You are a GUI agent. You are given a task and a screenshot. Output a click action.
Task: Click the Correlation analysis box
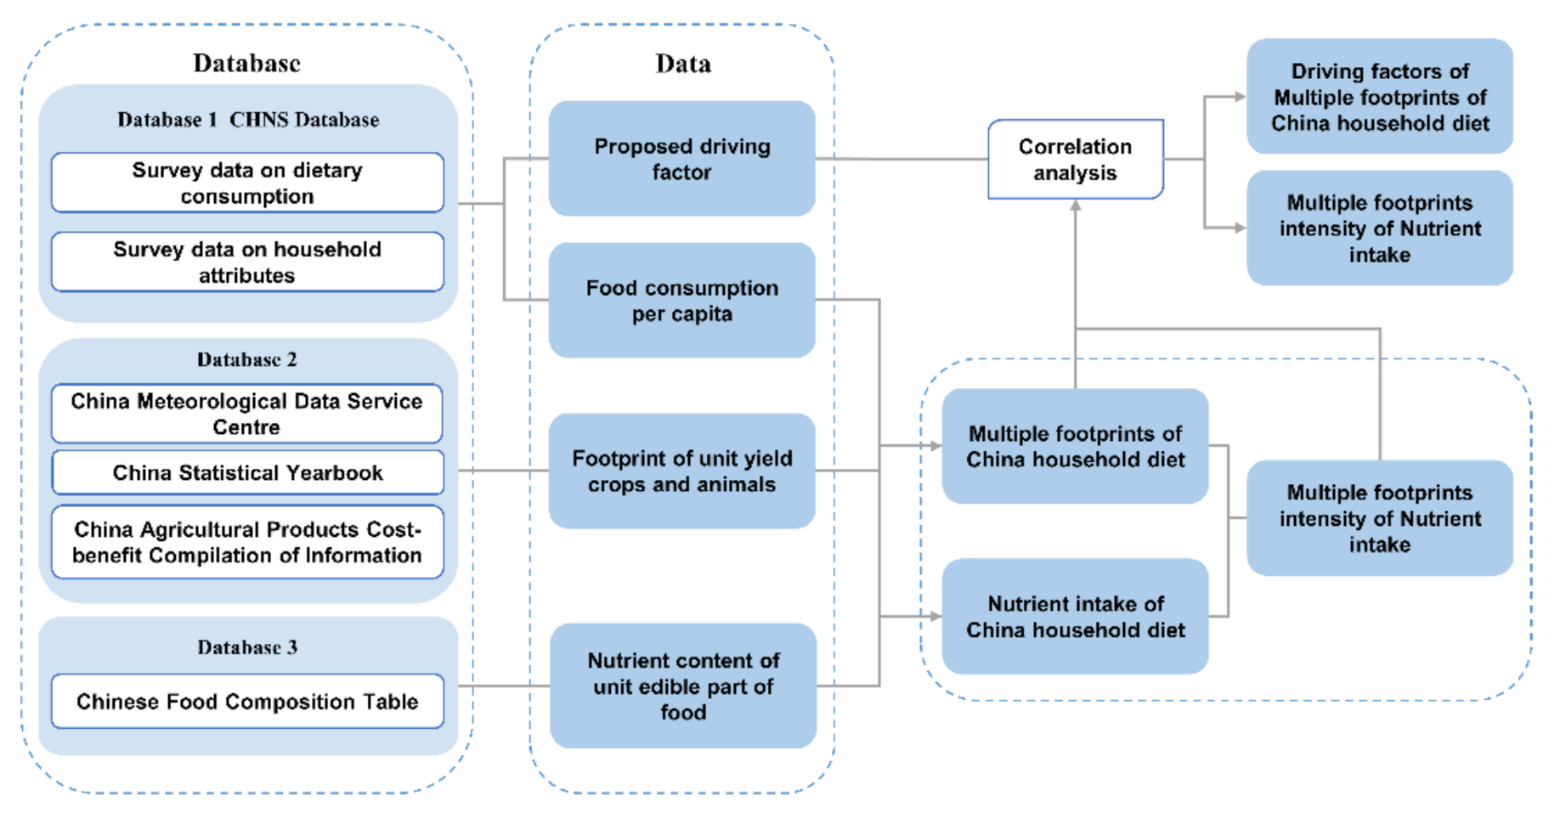click(x=1075, y=160)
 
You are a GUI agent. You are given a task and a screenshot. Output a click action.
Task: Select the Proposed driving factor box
click(x=681, y=159)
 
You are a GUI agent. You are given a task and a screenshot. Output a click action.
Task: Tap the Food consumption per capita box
click(x=681, y=301)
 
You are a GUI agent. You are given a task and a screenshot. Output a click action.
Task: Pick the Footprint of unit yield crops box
click(x=681, y=471)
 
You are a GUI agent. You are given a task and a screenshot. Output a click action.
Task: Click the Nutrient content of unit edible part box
click(x=683, y=686)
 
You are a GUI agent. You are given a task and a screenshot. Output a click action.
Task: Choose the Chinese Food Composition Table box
click(x=247, y=702)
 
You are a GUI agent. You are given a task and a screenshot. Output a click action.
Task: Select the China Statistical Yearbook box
click(x=247, y=473)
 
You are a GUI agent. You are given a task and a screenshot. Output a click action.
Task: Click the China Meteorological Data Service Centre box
click(x=247, y=414)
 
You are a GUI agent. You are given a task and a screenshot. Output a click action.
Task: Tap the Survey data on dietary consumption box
click(x=247, y=183)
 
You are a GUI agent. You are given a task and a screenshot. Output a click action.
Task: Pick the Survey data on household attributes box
click(x=247, y=262)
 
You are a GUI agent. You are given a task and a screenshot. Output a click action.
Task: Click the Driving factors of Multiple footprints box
click(x=1379, y=97)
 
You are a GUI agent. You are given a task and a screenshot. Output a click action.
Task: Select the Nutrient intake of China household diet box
click(x=1075, y=617)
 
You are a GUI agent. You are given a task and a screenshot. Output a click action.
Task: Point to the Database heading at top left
click(x=246, y=63)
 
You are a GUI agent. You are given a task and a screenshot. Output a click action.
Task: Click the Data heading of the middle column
click(x=683, y=64)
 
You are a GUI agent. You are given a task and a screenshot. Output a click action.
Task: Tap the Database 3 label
click(x=247, y=647)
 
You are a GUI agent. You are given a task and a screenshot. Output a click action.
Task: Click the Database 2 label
click(x=247, y=359)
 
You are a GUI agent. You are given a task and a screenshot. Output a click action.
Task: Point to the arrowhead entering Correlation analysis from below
click(x=1076, y=206)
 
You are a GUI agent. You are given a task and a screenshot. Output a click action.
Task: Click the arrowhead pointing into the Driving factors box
click(x=1240, y=97)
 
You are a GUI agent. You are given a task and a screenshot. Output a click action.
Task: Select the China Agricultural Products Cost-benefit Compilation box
click(x=247, y=542)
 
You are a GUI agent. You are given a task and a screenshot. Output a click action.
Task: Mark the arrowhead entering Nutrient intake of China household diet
click(x=935, y=617)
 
